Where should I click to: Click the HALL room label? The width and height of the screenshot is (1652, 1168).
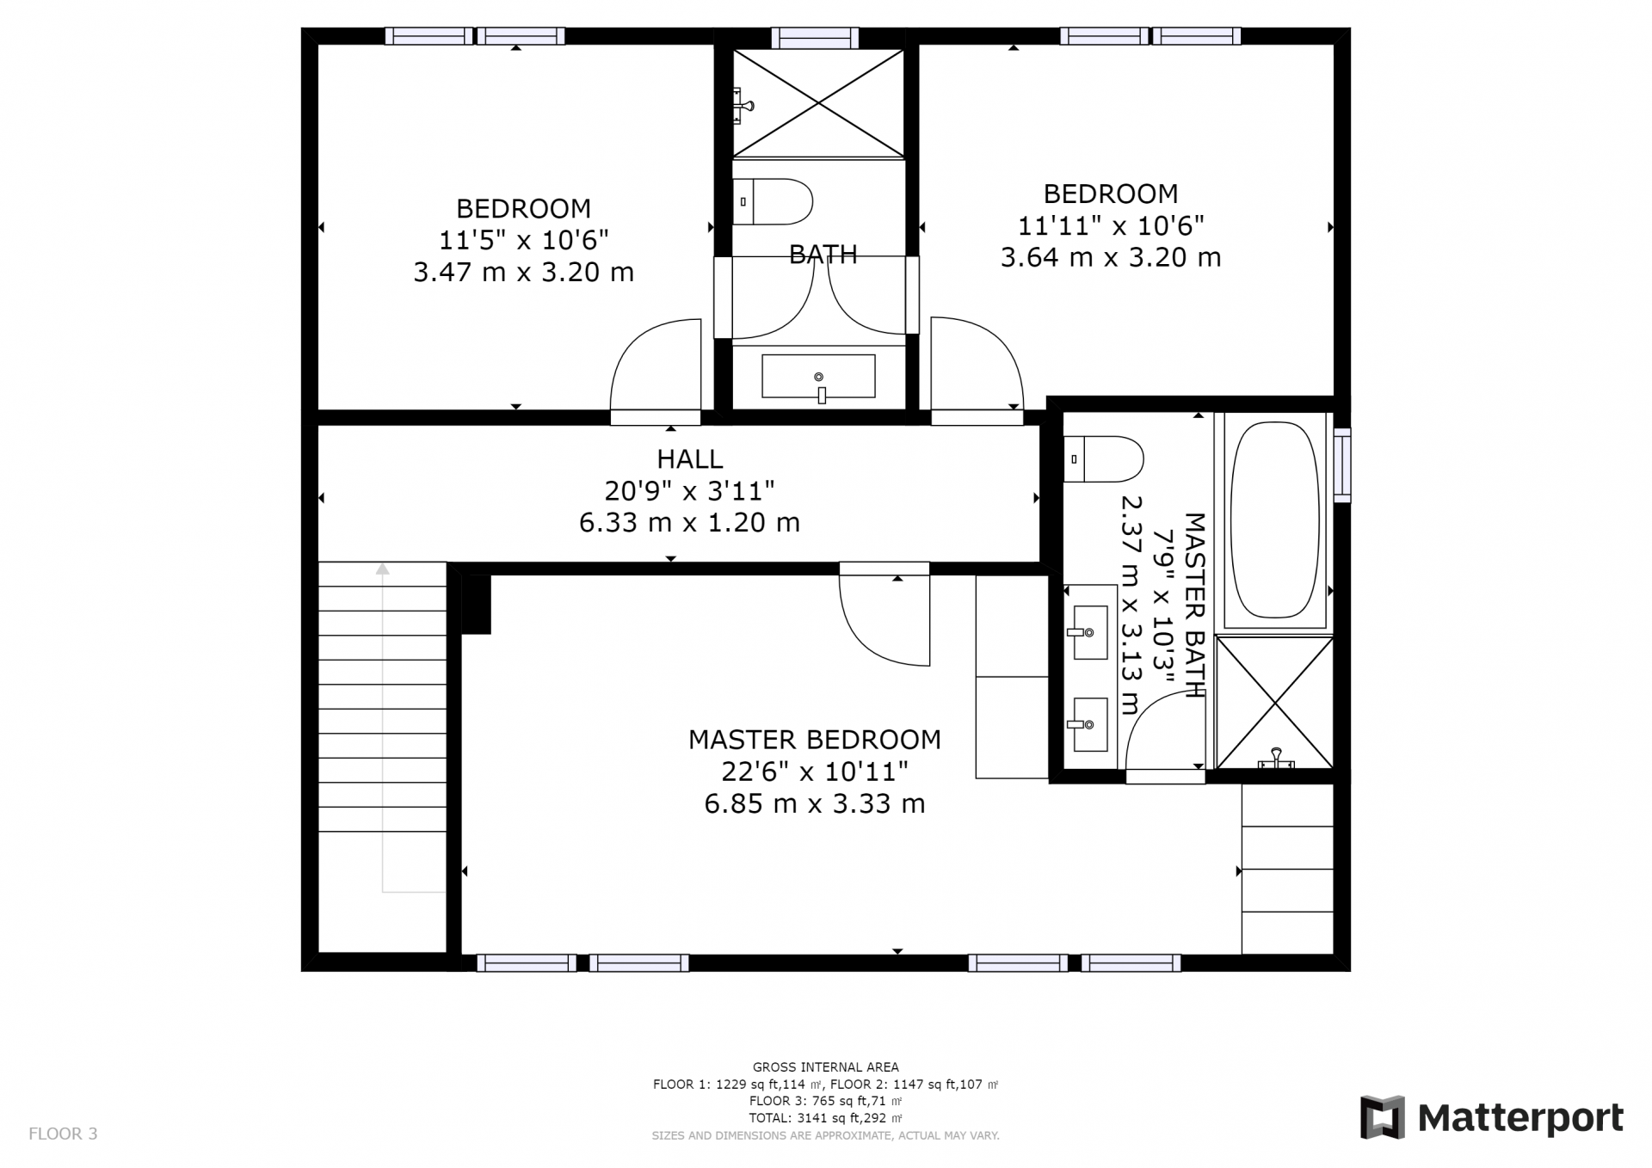[690, 458]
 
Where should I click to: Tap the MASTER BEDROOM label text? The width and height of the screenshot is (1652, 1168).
[814, 740]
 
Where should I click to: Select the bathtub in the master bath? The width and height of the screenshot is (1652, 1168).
[1274, 519]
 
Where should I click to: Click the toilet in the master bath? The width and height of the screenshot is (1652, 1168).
[1103, 459]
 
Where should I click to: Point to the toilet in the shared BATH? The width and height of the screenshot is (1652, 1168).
[772, 202]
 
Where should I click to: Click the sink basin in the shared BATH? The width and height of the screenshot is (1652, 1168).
[818, 377]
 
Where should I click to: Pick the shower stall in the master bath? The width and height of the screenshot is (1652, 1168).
[1274, 703]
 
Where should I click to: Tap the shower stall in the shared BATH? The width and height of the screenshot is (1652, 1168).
[818, 103]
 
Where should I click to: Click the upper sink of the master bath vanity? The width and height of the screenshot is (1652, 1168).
[1089, 632]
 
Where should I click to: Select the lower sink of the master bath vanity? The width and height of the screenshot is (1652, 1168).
[1089, 724]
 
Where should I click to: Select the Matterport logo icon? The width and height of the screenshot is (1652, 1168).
[1382, 1117]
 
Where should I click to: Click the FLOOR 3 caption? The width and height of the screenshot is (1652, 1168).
[63, 1134]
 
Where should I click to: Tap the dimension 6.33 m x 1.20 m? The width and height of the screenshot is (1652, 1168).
[689, 522]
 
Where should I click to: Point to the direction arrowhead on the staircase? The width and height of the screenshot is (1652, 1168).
[382, 569]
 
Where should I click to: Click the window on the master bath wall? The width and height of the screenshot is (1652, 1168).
[1341, 464]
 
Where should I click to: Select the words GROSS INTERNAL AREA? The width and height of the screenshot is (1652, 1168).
[825, 1067]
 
